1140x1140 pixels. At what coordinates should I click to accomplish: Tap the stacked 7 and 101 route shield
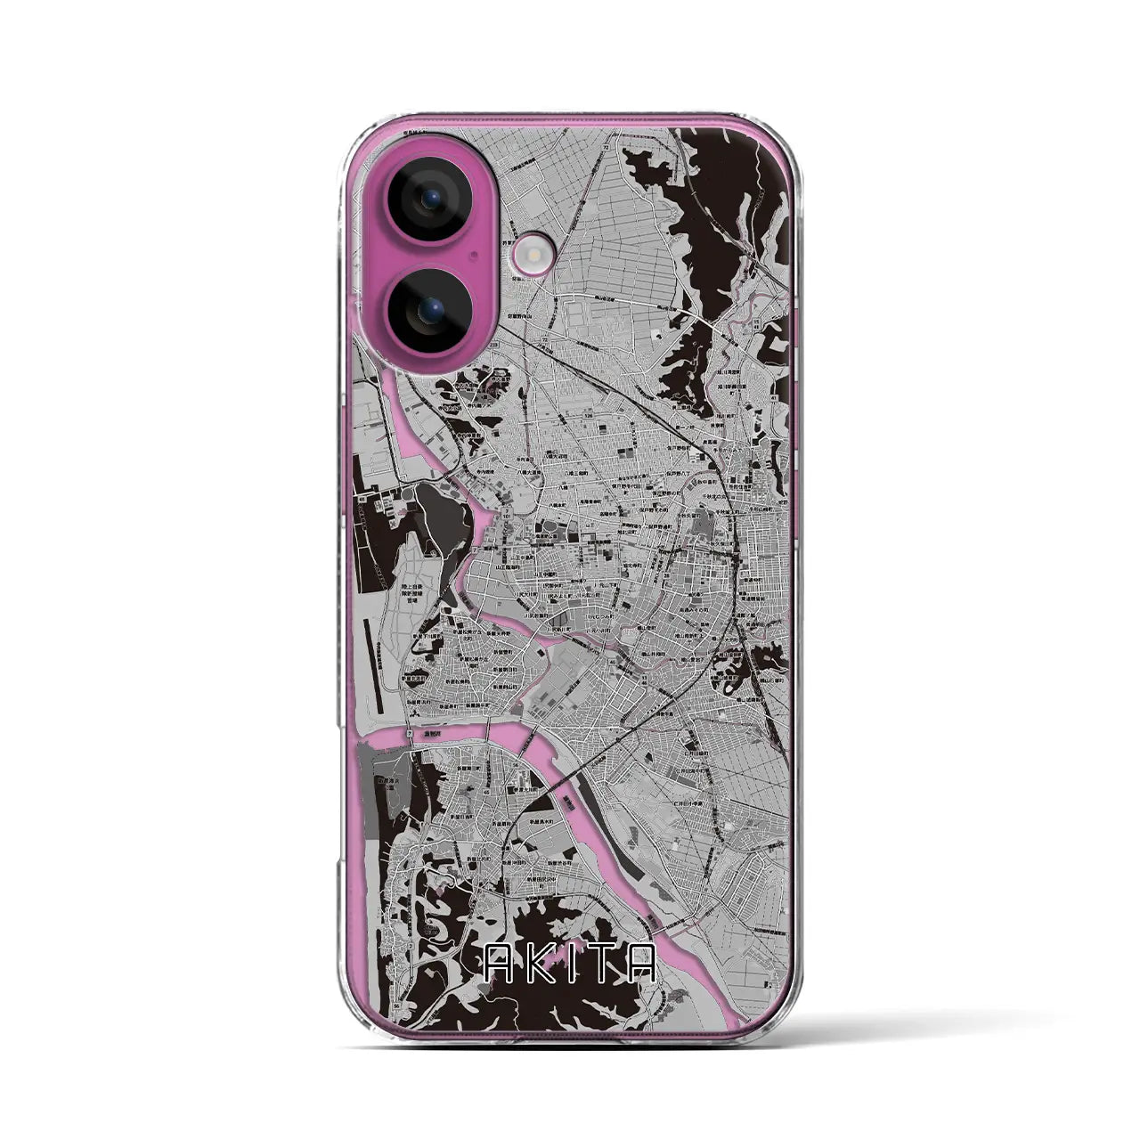pyautogui.click(x=507, y=513)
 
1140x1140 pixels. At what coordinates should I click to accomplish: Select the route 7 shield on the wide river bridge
pyautogui.click(x=410, y=732)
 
